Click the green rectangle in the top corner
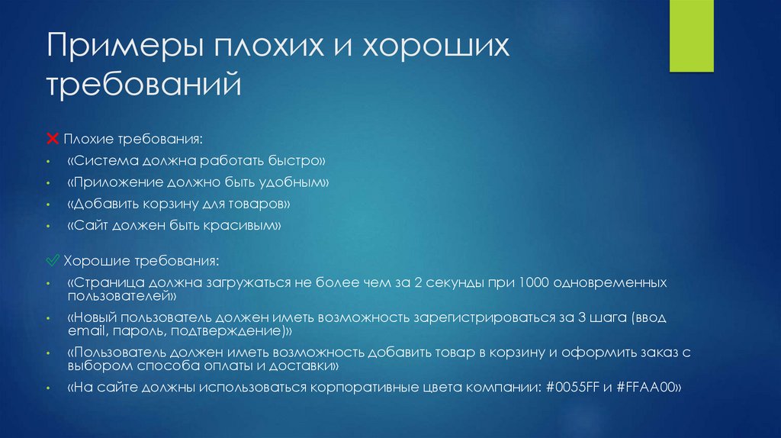pos(692,35)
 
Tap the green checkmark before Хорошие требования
pos(53,261)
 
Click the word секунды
pos(455,282)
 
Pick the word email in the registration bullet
pos(87,332)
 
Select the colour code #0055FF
pos(570,388)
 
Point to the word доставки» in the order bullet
pos(308,367)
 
